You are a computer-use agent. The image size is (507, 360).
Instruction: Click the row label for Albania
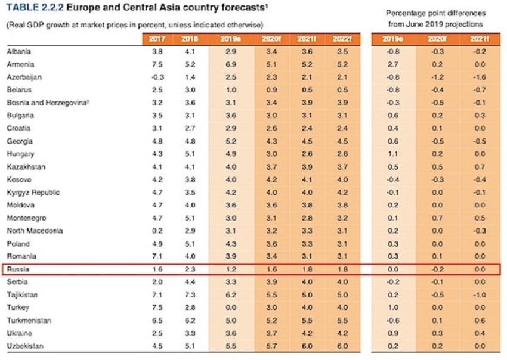(x=19, y=52)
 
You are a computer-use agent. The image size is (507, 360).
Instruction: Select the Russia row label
(x=17, y=269)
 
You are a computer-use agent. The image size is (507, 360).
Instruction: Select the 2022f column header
(x=342, y=39)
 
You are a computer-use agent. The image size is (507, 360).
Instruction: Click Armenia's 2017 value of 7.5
(x=156, y=64)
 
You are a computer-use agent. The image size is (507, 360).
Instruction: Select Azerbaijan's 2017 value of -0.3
(x=156, y=77)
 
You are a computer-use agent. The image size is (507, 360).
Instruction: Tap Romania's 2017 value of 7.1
(x=156, y=256)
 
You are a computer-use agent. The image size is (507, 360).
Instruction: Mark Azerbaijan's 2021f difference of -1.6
(x=480, y=77)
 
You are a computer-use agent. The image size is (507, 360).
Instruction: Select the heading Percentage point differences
(x=435, y=13)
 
